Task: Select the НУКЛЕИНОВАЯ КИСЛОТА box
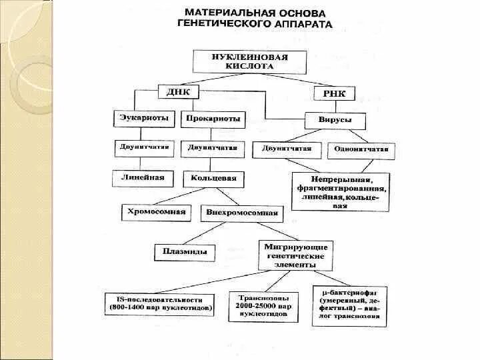(x=249, y=62)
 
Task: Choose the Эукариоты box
(x=143, y=120)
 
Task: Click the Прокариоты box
(x=213, y=121)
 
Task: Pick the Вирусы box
(x=337, y=121)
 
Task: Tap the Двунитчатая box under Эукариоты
(x=144, y=147)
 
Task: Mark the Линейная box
(x=143, y=178)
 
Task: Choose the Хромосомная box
(x=155, y=213)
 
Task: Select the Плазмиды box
(x=185, y=251)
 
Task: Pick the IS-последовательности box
(x=161, y=303)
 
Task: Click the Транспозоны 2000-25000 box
(x=263, y=304)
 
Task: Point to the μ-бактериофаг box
(x=349, y=306)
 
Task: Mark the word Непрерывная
(x=341, y=180)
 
